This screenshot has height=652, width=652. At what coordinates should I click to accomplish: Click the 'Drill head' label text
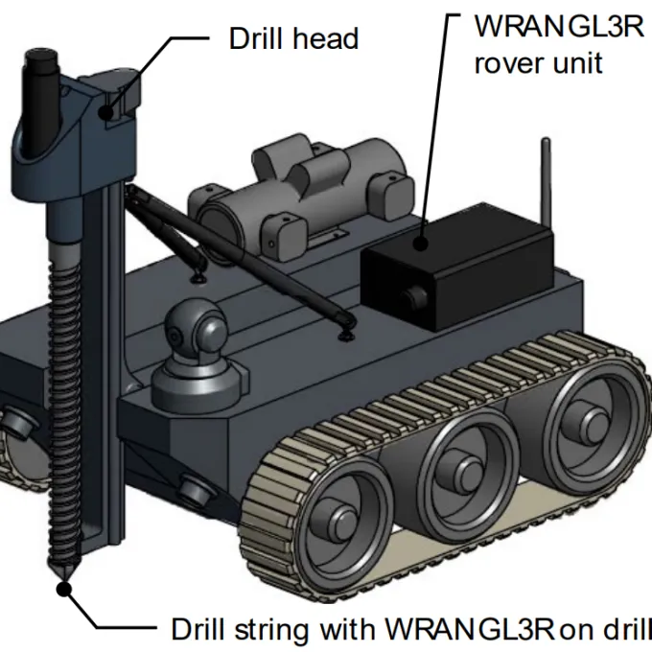[293, 38]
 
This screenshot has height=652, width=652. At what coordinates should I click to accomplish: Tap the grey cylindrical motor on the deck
[288, 192]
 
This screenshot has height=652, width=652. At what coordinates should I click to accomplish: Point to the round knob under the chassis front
[195, 491]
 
